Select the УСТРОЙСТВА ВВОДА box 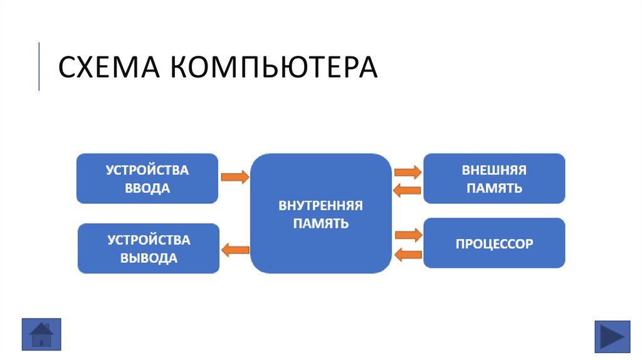click(147, 179)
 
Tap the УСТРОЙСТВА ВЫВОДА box click(149, 248)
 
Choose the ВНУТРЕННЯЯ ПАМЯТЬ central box click(321, 213)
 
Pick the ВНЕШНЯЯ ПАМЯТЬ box click(494, 179)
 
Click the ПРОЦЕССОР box click(494, 243)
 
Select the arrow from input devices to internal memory click(235, 177)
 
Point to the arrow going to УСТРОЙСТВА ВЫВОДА click(235, 250)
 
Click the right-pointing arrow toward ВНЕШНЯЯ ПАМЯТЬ click(408, 171)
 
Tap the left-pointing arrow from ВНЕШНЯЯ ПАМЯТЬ click(408, 190)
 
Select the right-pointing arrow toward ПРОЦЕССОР click(408, 235)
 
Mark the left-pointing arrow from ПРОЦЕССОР click(408, 254)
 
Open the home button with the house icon click(41, 334)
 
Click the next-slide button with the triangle click(612, 337)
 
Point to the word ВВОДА click(147, 188)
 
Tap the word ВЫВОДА click(149, 258)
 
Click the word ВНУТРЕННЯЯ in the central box click(321, 205)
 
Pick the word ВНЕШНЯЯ click(494, 170)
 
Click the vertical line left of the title click(39, 66)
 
